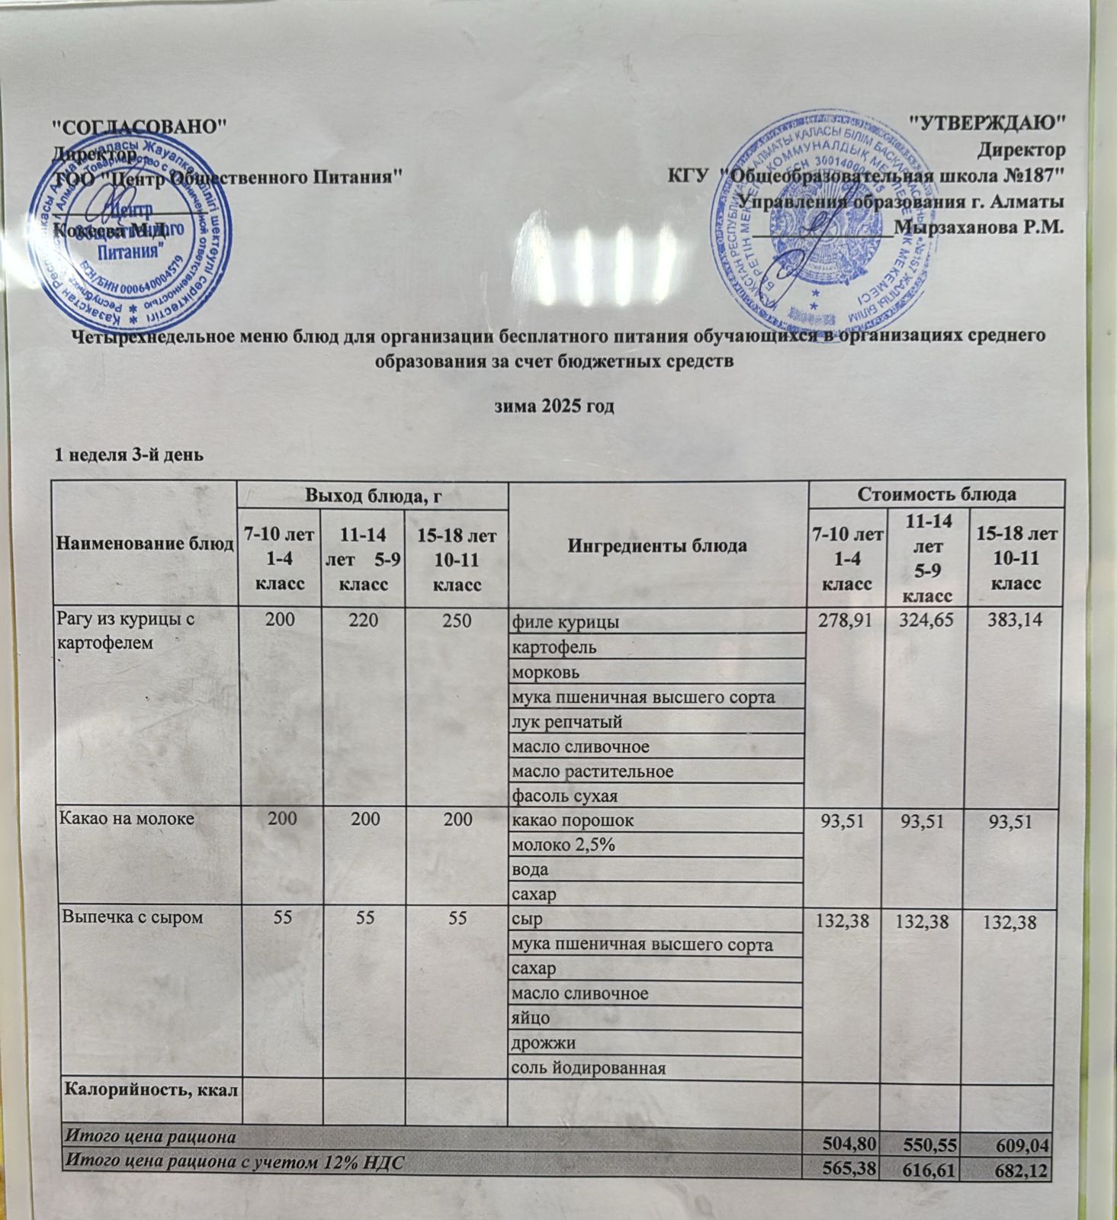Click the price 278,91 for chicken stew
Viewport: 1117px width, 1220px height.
pos(846,621)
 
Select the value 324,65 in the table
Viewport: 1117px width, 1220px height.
pos(923,621)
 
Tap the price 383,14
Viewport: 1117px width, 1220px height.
pos(1013,621)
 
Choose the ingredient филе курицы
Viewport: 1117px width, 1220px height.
pos(565,622)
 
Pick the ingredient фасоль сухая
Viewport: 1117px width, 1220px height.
pos(564,796)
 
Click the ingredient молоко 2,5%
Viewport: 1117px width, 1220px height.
pos(563,845)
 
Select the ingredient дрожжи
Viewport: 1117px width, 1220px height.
pos(544,1042)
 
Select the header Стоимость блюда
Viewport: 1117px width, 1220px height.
pos(937,494)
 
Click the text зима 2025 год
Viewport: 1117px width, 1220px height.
pos(555,406)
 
